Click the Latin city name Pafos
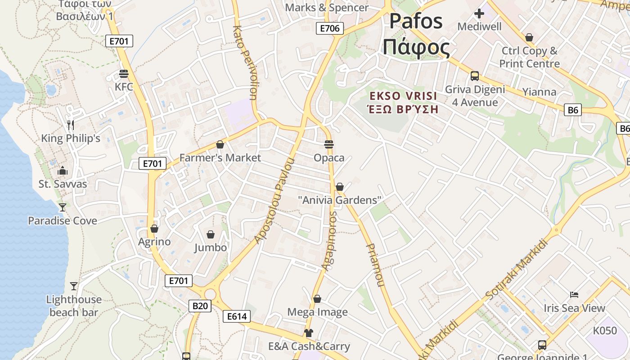(x=416, y=22)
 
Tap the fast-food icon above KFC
(x=124, y=73)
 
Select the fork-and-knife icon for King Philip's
(x=70, y=125)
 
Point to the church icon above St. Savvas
(x=63, y=171)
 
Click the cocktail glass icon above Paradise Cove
(x=62, y=207)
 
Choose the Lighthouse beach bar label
(x=74, y=306)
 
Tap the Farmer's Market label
(x=220, y=157)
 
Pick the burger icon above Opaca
(x=329, y=144)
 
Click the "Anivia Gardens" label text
(x=340, y=200)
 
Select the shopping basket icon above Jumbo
(x=210, y=234)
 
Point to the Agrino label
(x=154, y=242)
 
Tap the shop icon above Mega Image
(x=317, y=299)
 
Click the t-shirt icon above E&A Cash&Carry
(x=308, y=333)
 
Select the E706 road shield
(x=329, y=28)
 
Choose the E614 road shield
(x=236, y=316)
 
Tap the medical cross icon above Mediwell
(x=479, y=13)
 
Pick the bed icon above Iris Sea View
(x=574, y=295)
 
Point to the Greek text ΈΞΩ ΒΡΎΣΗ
(x=403, y=109)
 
